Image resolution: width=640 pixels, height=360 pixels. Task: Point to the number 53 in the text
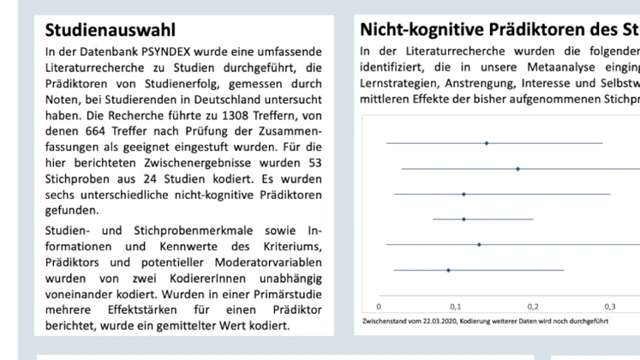313,163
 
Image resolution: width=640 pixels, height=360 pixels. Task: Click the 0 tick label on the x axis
379,308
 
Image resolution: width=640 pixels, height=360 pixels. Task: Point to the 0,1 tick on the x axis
456,308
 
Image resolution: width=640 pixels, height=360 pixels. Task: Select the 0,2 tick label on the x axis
533,308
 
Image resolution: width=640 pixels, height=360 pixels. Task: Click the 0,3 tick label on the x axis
609,308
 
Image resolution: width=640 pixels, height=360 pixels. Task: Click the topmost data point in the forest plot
487,143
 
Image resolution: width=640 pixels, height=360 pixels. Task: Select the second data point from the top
517,169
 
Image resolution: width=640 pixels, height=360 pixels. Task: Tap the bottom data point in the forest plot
448,270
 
